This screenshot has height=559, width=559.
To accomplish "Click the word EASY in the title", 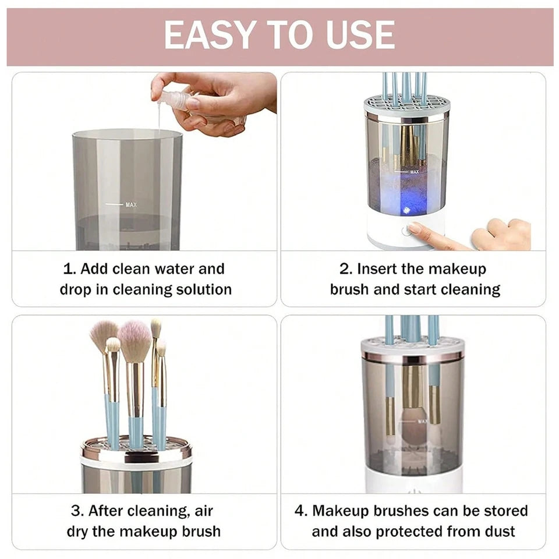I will pos(207,36).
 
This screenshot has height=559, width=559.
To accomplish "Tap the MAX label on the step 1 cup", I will pos(132,205).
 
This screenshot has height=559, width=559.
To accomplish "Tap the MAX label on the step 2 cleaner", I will pos(415,172).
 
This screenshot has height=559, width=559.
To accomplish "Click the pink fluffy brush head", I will pos(135,341).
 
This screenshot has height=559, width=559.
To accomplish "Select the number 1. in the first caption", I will pos(69,269).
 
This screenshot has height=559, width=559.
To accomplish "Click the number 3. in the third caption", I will pos(77,511).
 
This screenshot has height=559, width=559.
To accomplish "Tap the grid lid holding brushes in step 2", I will pos(407,105).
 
